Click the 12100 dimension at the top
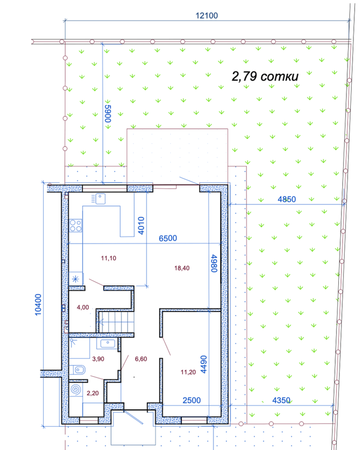coord(207,16)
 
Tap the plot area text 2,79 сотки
coord(265,76)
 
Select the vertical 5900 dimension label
coord(108,113)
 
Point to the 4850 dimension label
coord(287,199)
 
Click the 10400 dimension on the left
coord(38,305)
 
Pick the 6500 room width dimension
coord(168,238)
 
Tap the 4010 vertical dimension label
coord(141,226)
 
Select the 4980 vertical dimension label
coord(214,263)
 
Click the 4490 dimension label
coord(203,364)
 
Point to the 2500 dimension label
coord(192,400)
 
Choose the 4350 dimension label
coord(281,400)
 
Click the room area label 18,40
coord(182,268)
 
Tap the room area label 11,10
coord(109,258)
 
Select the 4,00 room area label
coord(83,307)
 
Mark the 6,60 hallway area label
coord(141,359)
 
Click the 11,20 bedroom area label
coord(188,372)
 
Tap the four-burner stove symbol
coord(76,226)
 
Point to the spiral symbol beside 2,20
coord(76,390)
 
